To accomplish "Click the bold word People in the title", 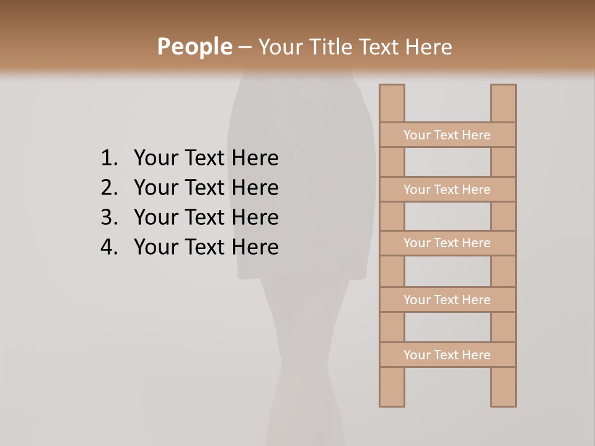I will point(194,47).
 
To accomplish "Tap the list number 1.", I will point(108,159).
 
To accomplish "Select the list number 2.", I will point(108,188).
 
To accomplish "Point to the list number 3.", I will point(108,217).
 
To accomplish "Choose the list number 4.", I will point(108,247).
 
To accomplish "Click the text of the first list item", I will point(206,159).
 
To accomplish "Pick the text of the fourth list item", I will point(206,247).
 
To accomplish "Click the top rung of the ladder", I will point(447,135).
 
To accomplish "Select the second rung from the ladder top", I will point(447,190).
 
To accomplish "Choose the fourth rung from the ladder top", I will point(447,300).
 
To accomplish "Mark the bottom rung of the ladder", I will point(447,355).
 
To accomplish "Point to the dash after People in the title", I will point(244,47).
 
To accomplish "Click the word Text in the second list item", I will point(205,188).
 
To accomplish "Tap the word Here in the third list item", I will point(255,217).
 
